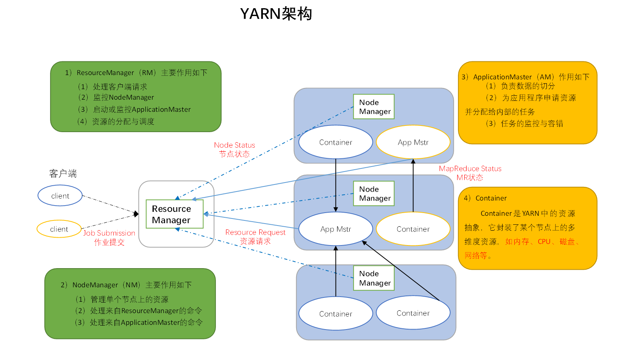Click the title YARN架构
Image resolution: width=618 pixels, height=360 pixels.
pos(276,14)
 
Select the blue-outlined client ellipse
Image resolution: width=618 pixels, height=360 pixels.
pos(60,196)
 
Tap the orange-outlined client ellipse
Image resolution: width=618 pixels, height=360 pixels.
pos(59,229)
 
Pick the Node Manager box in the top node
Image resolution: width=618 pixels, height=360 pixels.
pos(374,107)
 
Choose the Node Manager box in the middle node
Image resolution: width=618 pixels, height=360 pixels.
pos(374,193)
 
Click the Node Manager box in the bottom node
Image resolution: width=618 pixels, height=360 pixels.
pos(374,278)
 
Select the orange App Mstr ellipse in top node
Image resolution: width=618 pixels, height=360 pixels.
pos(413,142)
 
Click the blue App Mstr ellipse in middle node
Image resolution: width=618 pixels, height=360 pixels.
pos(336,229)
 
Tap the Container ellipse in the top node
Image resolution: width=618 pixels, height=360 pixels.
pos(336,142)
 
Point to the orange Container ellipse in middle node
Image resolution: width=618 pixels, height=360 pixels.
pos(413,229)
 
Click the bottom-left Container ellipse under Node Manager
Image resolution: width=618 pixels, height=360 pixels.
pos(336,314)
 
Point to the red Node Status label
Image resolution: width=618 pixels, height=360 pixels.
pos(234,145)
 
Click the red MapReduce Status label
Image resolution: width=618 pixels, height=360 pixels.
pos(470,169)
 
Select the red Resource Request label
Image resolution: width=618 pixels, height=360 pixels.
pos(255,233)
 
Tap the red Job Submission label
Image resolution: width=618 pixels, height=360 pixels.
pos(109,233)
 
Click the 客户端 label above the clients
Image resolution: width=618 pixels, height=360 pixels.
pos(63,174)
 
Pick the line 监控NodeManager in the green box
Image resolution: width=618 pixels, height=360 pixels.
pos(123,97)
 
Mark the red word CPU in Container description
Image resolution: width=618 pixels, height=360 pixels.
pos(544,242)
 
